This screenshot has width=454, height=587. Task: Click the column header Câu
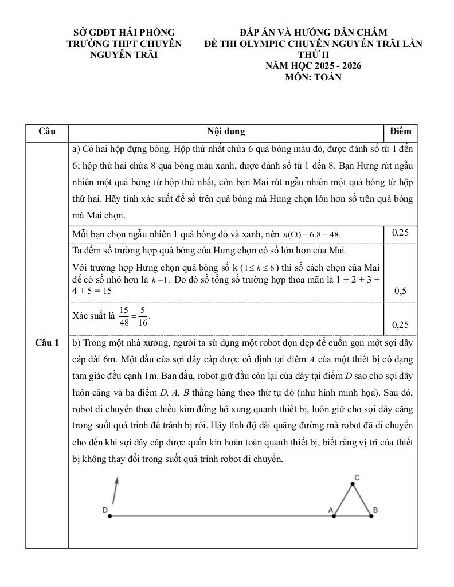pyautogui.click(x=46, y=131)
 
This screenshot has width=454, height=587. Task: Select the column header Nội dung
pyautogui.click(x=226, y=131)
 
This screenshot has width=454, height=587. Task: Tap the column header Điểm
pyautogui.click(x=400, y=131)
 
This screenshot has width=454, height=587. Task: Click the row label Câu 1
pyautogui.click(x=46, y=343)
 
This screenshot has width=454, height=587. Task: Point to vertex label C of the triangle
pyautogui.click(x=357, y=478)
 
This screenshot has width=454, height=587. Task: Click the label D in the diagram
pyautogui.click(x=105, y=509)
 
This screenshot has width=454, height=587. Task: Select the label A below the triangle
pyautogui.click(x=330, y=509)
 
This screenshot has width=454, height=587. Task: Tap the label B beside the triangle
pyautogui.click(x=375, y=509)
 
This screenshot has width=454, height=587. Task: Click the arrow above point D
pyautogui.click(x=116, y=490)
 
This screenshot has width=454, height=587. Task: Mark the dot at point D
pyautogui.click(x=109, y=516)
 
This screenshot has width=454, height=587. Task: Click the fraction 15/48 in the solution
pyautogui.click(x=124, y=316)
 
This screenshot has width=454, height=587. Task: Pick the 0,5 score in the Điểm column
pyautogui.click(x=400, y=291)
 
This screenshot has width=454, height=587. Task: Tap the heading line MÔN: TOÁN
pyautogui.click(x=313, y=77)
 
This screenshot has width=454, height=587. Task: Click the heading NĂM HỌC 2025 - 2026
pyautogui.click(x=313, y=65)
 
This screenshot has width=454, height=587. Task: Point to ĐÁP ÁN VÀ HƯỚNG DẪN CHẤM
pyautogui.click(x=313, y=32)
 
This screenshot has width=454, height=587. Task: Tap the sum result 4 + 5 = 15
pyautogui.click(x=92, y=291)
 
